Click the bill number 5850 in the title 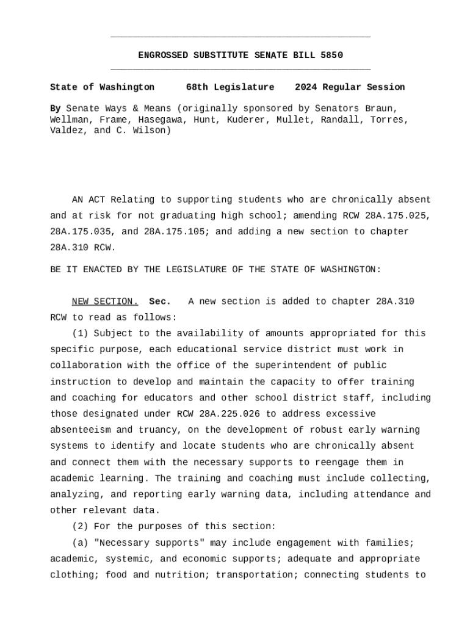331,56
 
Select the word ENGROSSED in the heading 163,56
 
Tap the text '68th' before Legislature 197,87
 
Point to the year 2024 306,87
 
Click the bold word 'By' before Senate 55,109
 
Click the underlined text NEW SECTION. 105,302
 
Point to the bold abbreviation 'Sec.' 160,302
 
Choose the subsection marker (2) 80,526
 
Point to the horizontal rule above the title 240,38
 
